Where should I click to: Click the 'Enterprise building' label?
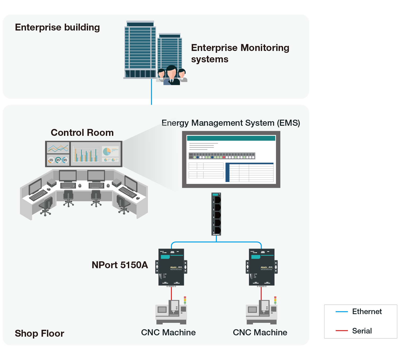pyautogui.click(x=57, y=28)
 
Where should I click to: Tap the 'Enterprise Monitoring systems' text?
pyautogui.click(x=240, y=53)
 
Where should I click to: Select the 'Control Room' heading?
pyautogui.click(x=82, y=133)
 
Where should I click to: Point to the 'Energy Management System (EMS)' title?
pyautogui.click(x=231, y=123)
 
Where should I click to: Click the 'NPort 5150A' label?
pyautogui.click(x=120, y=265)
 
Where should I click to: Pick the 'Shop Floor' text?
pyautogui.click(x=40, y=333)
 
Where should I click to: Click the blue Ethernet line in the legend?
pyautogui.click(x=342, y=312)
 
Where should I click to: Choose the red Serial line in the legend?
pyautogui.click(x=342, y=331)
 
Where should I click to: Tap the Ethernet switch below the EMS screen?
pyautogui.click(x=216, y=214)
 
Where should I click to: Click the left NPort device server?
pyautogui.click(x=171, y=267)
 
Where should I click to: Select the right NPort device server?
pyautogui.click(x=262, y=267)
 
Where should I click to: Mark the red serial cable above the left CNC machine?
pyautogui.click(x=171, y=293)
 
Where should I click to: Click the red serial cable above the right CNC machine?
pyautogui.click(x=261, y=293)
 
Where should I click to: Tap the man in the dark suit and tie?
pyautogui.click(x=172, y=76)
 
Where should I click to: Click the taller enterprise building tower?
pyautogui.click(x=140, y=49)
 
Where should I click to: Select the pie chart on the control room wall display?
pyautogui.click(x=107, y=151)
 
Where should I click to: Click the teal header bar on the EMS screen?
pyautogui.click(x=231, y=138)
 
